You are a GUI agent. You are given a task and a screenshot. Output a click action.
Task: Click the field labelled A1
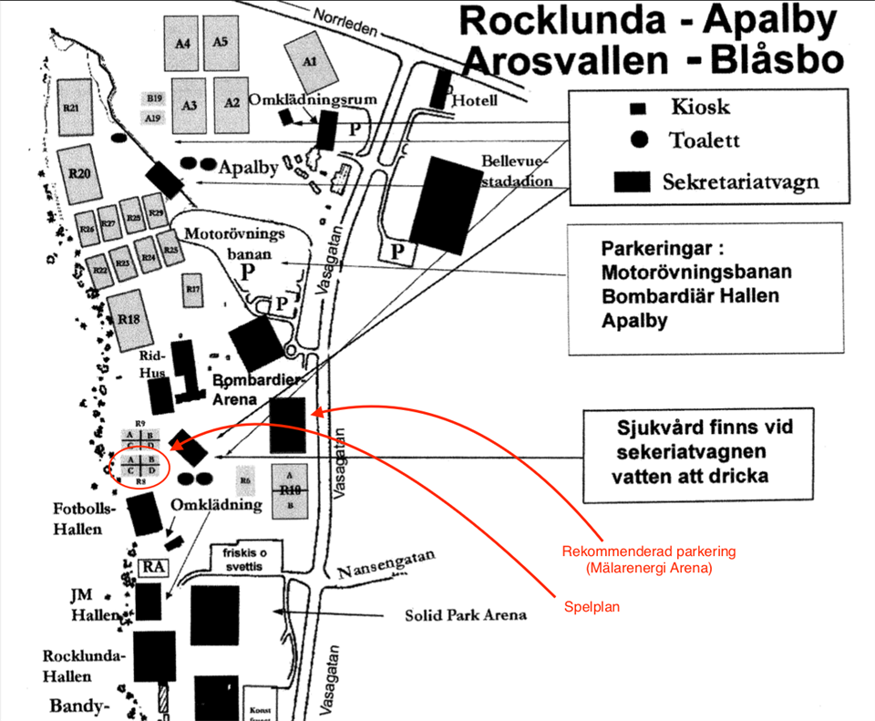[x=309, y=62]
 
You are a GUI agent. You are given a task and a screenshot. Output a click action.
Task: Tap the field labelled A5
[x=221, y=42]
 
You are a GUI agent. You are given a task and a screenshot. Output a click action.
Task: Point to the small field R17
[x=192, y=289]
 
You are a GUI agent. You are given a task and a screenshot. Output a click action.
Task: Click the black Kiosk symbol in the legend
[x=638, y=108]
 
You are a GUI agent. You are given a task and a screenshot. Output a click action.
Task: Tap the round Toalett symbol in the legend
[x=639, y=139]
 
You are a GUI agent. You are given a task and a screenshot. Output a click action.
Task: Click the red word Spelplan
[x=592, y=607]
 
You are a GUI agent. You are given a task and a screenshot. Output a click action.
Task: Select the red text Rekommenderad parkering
[x=648, y=551]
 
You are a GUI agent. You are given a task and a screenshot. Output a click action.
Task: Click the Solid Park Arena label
[x=466, y=614]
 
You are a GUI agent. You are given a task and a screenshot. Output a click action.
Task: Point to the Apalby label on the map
[x=248, y=168]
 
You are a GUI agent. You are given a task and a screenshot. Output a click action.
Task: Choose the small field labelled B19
[x=153, y=98]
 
